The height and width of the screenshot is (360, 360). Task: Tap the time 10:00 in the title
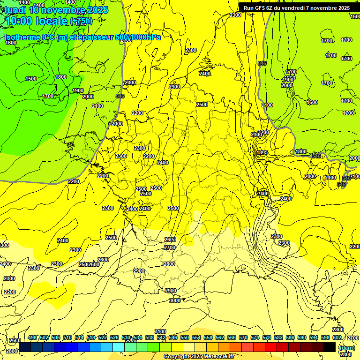tap(17, 21)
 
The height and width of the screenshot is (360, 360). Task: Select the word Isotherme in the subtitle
tap(22, 37)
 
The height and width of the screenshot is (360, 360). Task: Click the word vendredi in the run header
tap(298, 8)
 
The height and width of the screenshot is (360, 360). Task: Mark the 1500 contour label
tap(31, 79)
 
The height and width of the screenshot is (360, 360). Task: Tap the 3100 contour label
tap(160, 331)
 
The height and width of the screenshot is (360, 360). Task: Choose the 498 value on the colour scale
tap(32, 337)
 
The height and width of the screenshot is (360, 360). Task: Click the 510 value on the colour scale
tap(67, 337)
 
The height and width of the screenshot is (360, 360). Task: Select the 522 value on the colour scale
tap(103, 337)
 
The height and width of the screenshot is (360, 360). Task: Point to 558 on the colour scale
tap(208, 337)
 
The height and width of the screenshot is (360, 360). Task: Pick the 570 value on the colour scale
tap(243, 337)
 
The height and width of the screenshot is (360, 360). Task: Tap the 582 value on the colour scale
tap(278, 337)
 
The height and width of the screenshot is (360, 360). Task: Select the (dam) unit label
tap(346, 347)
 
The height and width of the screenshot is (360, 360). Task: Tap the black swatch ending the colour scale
tap(330, 347)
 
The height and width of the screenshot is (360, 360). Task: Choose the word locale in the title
tap(51, 21)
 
